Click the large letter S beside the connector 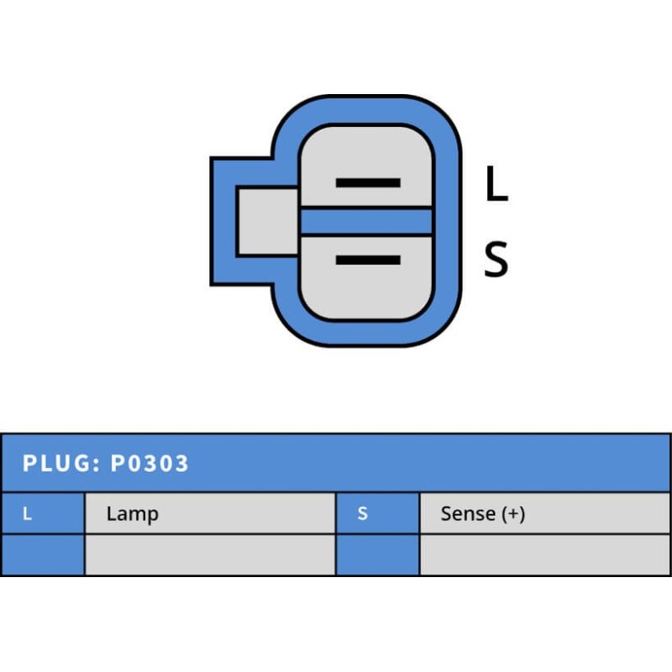pos(496,260)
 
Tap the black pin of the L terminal pos(368,182)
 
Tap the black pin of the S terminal pos(368,260)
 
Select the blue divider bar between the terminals pos(366,221)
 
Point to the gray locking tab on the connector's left pos(265,221)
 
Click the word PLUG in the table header pos(55,463)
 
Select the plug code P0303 pos(150,463)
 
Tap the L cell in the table pos(28,513)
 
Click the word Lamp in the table pos(132,513)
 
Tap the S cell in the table pos(363,513)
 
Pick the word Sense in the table pos(468,513)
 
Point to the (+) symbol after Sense pos(513,513)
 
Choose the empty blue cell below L pos(42,554)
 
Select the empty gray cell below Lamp pos(210,554)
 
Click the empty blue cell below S pos(377,554)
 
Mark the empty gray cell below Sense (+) pos(545,554)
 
